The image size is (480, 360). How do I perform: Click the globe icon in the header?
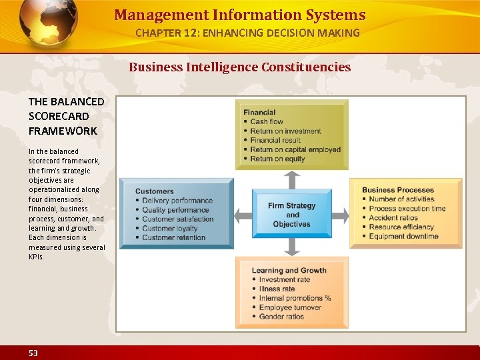point(48,23)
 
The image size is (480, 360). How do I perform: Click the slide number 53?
point(33,353)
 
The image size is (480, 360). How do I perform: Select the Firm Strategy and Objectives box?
point(291,215)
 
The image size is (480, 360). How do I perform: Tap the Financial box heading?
point(259,113)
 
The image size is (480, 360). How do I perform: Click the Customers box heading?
point(154,191)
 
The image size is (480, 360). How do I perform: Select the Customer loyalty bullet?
point(169,228)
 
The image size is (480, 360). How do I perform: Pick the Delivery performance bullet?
point(177,201)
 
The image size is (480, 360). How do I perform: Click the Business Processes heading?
point(398,190)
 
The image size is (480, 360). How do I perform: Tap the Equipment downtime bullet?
point(403,236)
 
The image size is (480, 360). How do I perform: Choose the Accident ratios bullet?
point(393,217)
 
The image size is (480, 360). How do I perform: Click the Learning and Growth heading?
point(289,271)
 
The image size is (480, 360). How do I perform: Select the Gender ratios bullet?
point(281,317)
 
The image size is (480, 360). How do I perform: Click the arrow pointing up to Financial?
point(292,179)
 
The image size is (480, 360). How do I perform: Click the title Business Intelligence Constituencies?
point(239,67)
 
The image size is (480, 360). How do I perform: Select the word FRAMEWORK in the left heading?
point(63,131)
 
